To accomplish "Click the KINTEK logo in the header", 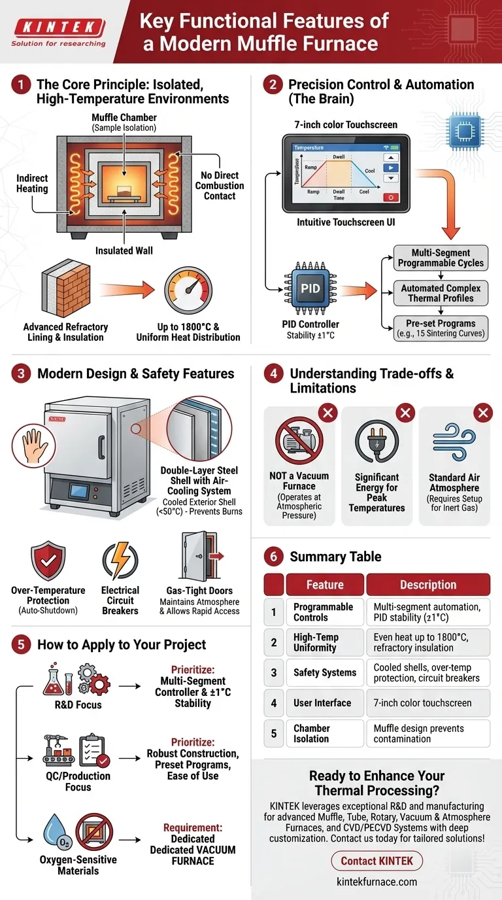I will pos(58,28).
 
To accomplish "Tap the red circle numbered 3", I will pos(22,374).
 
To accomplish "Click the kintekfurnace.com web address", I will pos(377,882).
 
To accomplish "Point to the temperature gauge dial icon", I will pos(188,288).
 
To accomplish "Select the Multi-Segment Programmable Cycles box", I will pos(441,258).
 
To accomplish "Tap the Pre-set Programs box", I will pos(441,328).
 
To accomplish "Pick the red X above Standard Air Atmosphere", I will pos(482,413).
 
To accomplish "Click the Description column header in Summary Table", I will pos(427,585).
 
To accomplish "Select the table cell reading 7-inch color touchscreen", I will pos(427,703).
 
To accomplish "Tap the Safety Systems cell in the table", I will pos(325,672).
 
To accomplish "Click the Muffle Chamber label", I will pos(124,122).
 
